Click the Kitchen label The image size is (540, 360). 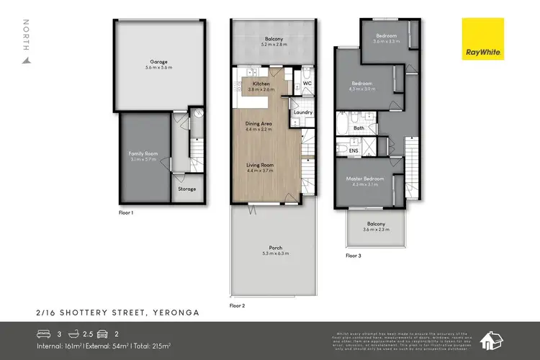tap(261, 84)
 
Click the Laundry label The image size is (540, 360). tap(303, 112)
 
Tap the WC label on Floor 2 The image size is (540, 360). tap(306, 84)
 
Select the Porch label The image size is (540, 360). tap(266, 248)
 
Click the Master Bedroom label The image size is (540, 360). tap(369, 179)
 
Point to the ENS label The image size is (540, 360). tap(354, 151)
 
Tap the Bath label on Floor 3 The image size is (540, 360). tap(358, 128)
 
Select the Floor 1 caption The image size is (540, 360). tap(126, 214)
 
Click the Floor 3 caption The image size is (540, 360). tap(354, 255)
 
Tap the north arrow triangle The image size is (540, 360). tap(27, 60)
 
